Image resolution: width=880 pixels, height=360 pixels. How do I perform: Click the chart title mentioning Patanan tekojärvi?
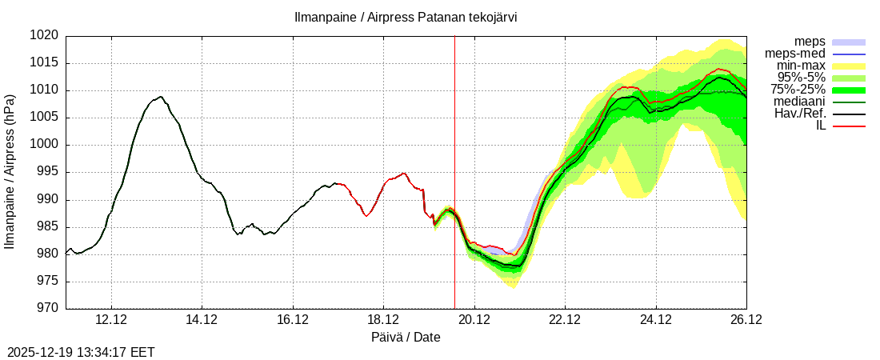tap(405, 17)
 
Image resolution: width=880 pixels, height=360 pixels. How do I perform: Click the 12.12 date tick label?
tap(110, 320)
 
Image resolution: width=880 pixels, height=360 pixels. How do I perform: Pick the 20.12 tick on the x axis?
tap(474, 320)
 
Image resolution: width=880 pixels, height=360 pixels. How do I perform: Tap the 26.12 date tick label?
tap(746, 320)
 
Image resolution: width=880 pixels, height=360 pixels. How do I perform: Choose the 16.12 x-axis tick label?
tap(293, 320)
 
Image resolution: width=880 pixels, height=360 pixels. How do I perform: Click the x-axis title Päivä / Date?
tap(406, 338)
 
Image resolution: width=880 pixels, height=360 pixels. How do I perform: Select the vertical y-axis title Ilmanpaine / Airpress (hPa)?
tap(10, 172)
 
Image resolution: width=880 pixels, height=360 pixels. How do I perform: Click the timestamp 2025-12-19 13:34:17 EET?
tap(81, 352)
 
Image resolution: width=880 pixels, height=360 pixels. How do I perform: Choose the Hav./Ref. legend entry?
tap(800, 114)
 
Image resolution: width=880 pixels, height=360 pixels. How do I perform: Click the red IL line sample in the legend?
tap(849, 126)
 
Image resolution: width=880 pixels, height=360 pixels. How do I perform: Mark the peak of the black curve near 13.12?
tap(161, 97)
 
